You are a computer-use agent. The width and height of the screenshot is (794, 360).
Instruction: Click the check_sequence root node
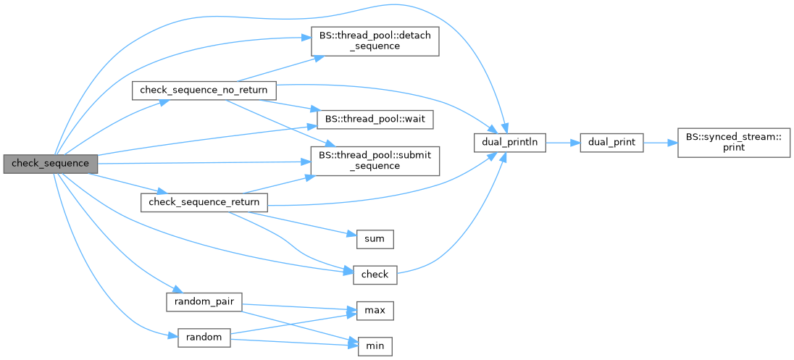pos(50,164)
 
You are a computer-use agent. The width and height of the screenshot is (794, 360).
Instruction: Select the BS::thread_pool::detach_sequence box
pos(375,41)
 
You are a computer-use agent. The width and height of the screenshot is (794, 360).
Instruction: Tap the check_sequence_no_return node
pos(204,91)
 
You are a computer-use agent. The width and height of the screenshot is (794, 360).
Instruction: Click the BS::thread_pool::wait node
pos(375,117)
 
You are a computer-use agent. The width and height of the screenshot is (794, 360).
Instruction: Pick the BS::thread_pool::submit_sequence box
pos(375,160)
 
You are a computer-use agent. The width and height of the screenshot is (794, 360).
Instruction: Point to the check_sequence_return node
pos(204,202)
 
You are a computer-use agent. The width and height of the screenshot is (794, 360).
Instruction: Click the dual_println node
pos(509,143)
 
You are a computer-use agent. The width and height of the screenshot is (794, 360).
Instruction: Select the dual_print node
pos(611,143)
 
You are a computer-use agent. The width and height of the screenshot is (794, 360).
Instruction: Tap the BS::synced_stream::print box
pos(734,143)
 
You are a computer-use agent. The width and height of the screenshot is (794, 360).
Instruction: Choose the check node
pos(375,274)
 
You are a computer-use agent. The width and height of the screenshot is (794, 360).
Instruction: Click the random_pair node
pos(204,301)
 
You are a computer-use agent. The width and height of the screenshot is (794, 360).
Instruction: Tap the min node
pos(375,346)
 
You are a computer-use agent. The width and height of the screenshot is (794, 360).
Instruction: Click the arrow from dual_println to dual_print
pos(562,143)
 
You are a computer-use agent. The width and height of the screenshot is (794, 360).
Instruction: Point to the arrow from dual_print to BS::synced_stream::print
pos(660,143)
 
